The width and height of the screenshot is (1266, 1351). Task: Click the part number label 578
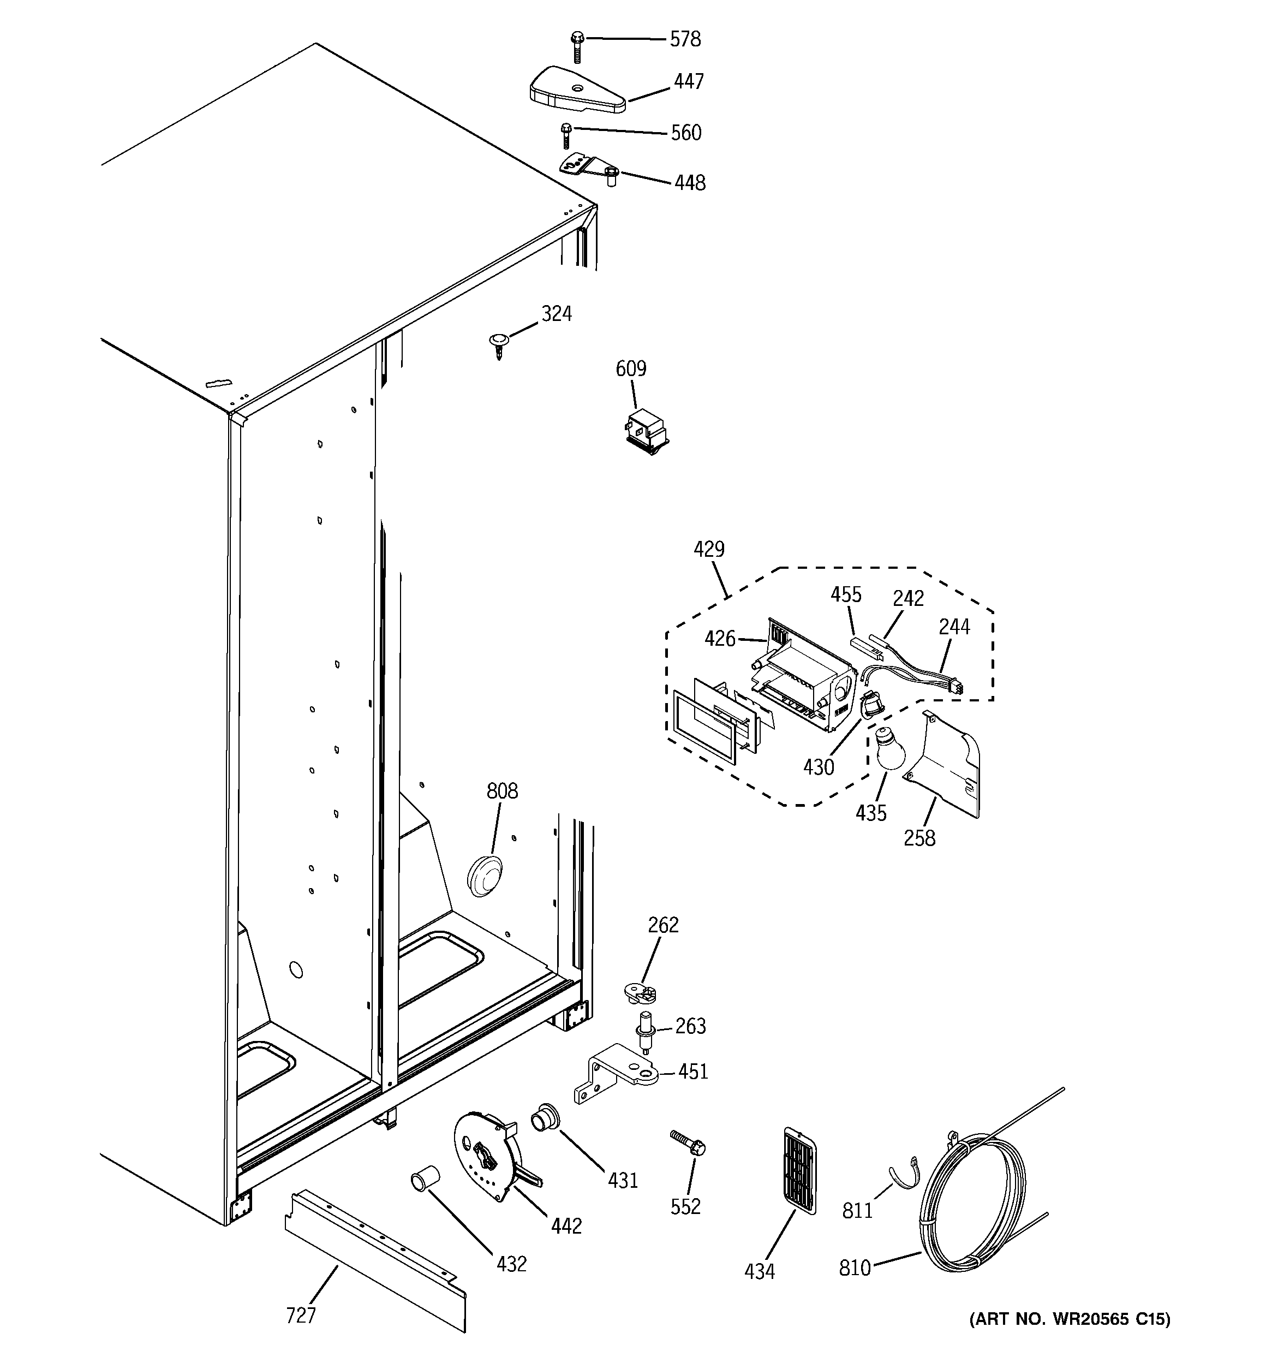tap(684, 39)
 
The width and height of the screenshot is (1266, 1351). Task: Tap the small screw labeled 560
tap(566, 136)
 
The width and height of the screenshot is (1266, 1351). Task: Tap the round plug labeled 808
tap(485, 876)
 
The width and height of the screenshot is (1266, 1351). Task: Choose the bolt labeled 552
tap(688, 1145)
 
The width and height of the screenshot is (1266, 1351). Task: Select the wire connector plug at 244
tap(956, 688)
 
